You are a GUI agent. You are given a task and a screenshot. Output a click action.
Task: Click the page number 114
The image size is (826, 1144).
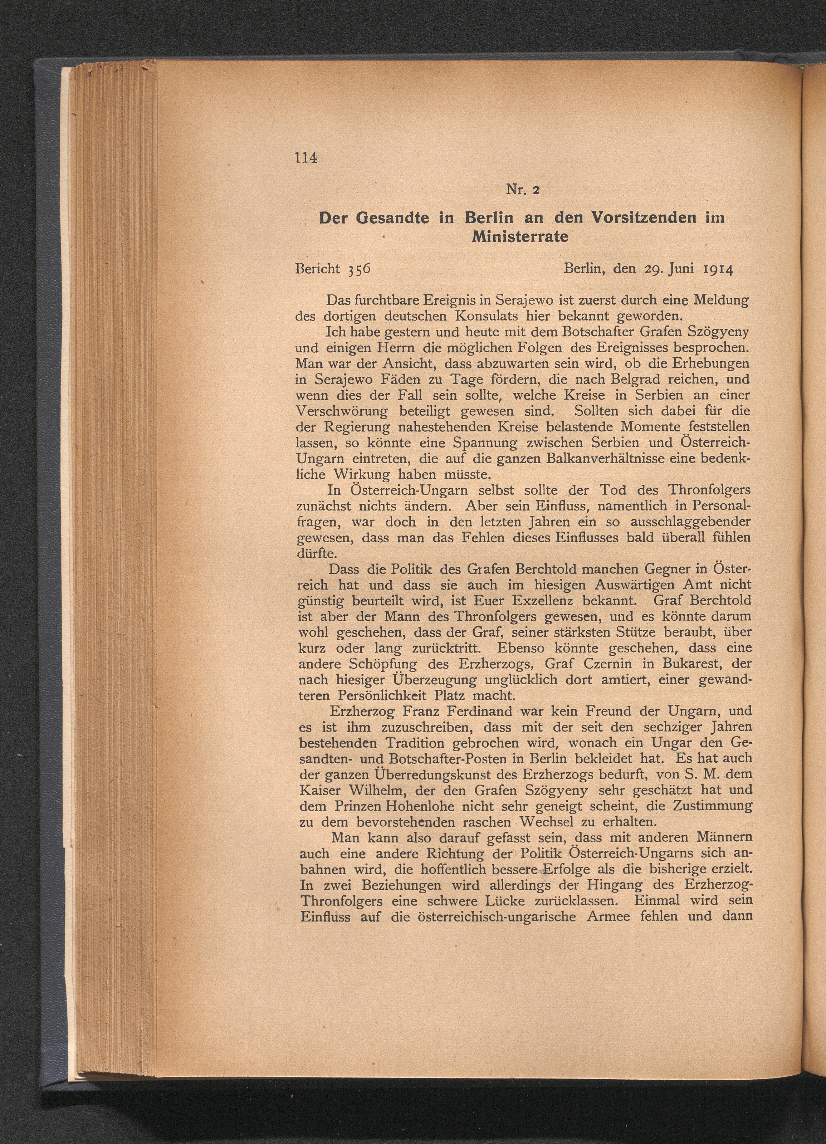pos(307,158)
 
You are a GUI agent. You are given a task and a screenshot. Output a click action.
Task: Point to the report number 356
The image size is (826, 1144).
pos(359,269)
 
